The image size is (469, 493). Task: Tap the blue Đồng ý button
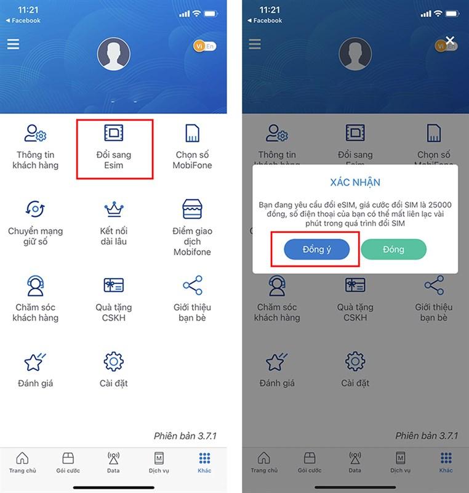coord(316,249)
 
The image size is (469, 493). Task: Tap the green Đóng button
coord(393,249)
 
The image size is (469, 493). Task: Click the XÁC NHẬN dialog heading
coord(356,182)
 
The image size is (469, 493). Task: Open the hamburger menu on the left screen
coord(13,44)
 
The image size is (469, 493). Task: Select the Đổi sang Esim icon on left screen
coord(114,133)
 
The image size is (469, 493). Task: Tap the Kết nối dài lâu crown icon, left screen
coord(114,210)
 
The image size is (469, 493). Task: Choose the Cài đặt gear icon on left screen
coord(114,361)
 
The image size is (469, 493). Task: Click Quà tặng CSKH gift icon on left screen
coord(114,285)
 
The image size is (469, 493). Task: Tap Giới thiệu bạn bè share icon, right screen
coord(434,285)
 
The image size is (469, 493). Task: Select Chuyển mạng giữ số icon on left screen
coord(35,210)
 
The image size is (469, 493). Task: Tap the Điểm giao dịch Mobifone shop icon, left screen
coord(192,210)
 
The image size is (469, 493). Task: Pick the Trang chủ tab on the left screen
coord(22,462)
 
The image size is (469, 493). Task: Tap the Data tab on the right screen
coord(355,462)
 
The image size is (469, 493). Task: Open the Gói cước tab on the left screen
coord(68,462)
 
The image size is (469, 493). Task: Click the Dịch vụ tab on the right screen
coord(400,462)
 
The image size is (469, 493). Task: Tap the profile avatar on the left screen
coord(114,54)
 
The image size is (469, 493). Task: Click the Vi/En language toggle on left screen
coord(204,46)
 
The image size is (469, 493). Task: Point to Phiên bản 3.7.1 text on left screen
coord(185,436)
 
